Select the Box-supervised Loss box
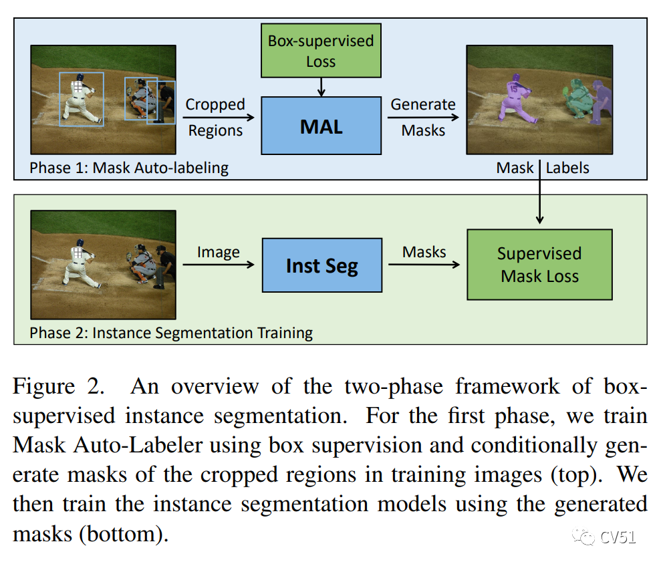(x=321, y=51)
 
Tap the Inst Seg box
(x=321, y=265)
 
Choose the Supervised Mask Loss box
(x=539, y=265)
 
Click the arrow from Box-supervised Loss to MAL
(x=321, y=86)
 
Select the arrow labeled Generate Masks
(x=423, y=118)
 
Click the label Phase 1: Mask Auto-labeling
(x=128, y=167)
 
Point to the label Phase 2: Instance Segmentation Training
(x=171, y=332)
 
